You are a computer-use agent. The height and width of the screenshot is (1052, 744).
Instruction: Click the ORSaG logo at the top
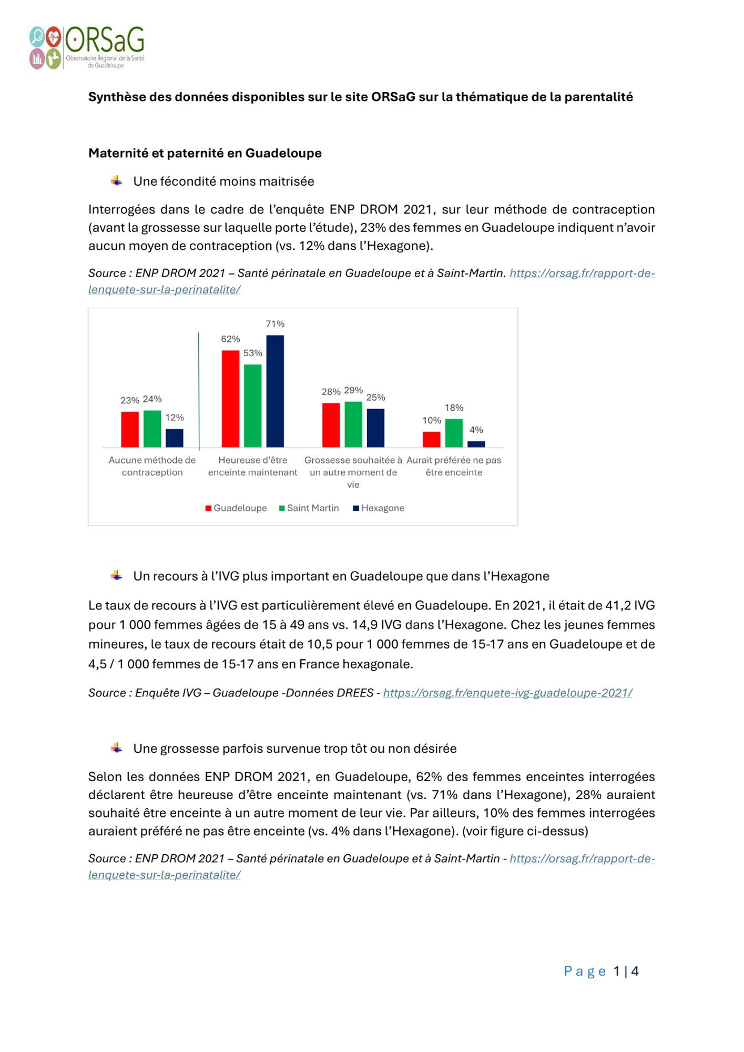(x=87, y=47)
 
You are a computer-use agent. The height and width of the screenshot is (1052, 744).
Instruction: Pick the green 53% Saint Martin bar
(x=253, y=406)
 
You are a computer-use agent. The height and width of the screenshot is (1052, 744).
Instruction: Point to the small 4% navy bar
(x=476, y=444)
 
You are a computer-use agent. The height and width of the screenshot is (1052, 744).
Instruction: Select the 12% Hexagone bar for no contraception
(x=175, y=438)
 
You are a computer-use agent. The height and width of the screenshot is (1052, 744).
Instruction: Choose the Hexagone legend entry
(x=379, y=508)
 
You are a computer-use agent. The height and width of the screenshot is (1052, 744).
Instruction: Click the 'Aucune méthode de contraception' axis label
(x=152, y=466)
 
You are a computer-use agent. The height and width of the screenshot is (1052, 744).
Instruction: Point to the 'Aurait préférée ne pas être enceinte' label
(x=454, y=466)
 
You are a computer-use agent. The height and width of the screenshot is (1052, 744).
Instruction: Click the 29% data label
(x=353, y=390)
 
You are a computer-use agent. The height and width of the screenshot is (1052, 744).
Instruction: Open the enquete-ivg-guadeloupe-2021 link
(x=507, y=693)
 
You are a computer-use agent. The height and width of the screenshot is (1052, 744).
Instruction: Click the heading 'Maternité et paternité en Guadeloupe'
(x=205, y=153)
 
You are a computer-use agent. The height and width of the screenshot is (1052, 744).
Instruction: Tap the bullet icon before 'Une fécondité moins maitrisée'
(x=117, y=181)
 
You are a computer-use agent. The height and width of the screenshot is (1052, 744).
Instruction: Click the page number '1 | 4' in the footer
(x=626, y=971)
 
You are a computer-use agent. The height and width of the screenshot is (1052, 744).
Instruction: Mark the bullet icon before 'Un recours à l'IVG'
(x=117, y=575)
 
